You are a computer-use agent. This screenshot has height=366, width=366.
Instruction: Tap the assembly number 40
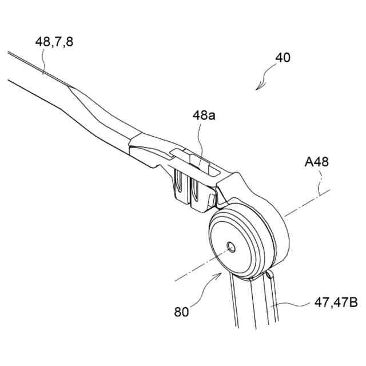click(x=283, y=58)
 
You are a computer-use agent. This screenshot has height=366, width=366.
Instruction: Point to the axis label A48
click(x=316, y=162)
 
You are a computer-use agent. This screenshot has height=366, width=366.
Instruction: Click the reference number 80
click(x=182, y=312)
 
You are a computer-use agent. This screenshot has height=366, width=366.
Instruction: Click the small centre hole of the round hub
click(x=231, y=246)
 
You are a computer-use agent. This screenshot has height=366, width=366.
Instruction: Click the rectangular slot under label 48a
click(x=198, y=161)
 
